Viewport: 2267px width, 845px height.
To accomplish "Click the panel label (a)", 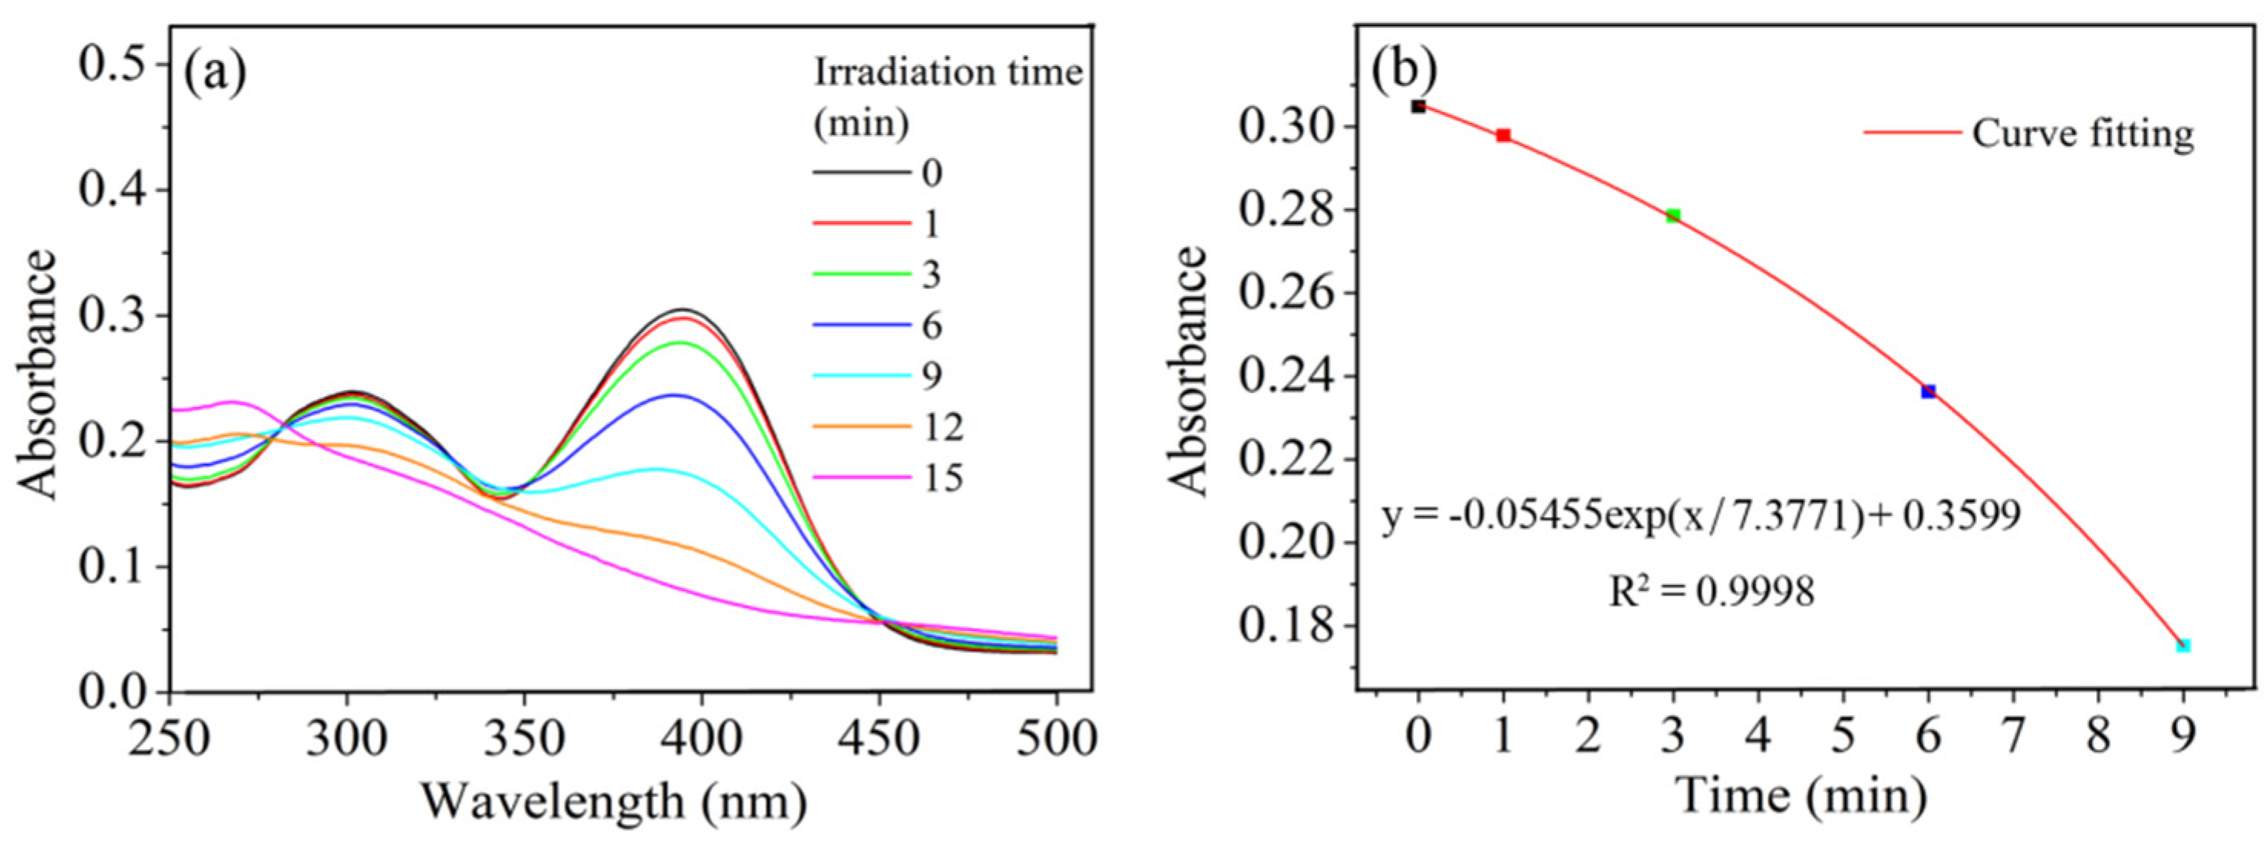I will pos(214,73).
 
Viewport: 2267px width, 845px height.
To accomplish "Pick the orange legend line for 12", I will pos(861,427).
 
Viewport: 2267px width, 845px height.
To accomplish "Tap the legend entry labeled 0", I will pos(932,173).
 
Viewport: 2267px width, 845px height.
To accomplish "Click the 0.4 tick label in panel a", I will pos(115,190).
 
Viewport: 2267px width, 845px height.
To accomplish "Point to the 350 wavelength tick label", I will pos(523,738).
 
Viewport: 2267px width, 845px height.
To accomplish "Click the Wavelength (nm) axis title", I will pos(613,801).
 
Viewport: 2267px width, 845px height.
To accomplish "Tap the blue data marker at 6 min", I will pos(1929,391).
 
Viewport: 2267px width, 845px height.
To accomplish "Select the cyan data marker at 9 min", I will pos(2183,645).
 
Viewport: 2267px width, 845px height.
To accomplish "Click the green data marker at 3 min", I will pos(1673,216).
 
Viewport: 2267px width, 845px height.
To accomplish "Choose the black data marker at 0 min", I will pos(1417,107).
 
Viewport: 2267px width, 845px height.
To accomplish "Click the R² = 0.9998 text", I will pos(1711,592).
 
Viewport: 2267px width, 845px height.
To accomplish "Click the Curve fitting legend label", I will pos(2082,134).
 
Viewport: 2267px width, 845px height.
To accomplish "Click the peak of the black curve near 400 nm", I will pos(683,310).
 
